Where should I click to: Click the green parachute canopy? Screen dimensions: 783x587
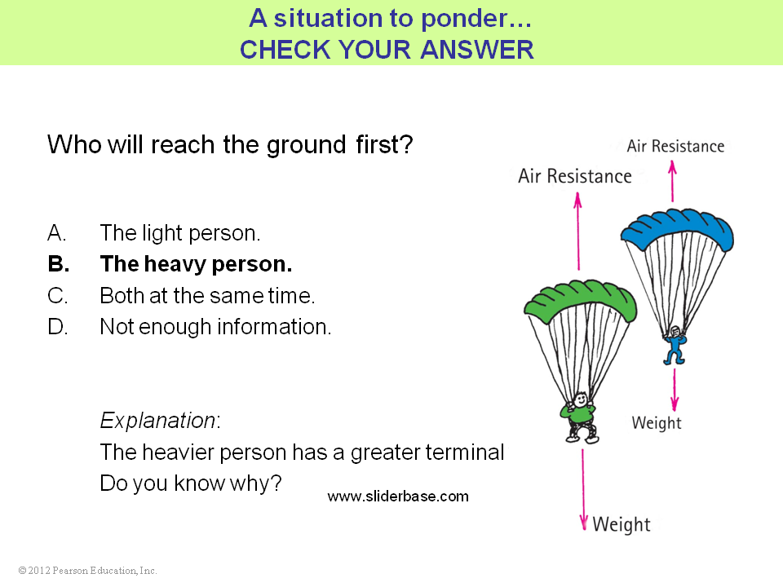click(x=580, y=301)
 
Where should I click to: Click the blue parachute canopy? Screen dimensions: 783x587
click(x=678, y=228)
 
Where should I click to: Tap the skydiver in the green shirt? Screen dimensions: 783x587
click(x=580, y=417)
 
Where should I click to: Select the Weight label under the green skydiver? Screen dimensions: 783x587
click(x=622, y=524)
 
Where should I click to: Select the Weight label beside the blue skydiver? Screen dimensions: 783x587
click(x=656, y=423)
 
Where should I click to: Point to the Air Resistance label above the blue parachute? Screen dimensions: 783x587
click(x=675, y=146)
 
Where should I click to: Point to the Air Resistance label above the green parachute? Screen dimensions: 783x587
click(x=574, y=176)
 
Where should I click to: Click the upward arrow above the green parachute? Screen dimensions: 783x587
click(x=578, y=232)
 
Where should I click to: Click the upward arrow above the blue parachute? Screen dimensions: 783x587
click(x=673, y=180)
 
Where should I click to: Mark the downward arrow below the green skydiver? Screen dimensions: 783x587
click(x=582, y=490)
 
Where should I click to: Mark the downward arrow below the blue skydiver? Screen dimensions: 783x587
click(x=675, y=390)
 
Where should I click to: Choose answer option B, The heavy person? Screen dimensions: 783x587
click(x=170, y=264)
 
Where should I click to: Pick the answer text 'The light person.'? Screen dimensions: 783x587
click(x=179, y=233)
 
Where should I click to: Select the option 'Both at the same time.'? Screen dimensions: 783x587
click(x=207, y=295)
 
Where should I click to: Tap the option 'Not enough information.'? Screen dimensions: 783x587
click(x=215, y=327)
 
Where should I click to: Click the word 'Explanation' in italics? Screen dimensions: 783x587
click(x=157, y=421)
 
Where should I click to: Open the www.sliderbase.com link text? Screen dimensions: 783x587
click(x=398, y=497)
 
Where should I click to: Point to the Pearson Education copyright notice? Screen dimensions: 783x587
click(x=87, y=571)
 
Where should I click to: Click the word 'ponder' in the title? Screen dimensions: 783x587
click(x=463, y=19)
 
